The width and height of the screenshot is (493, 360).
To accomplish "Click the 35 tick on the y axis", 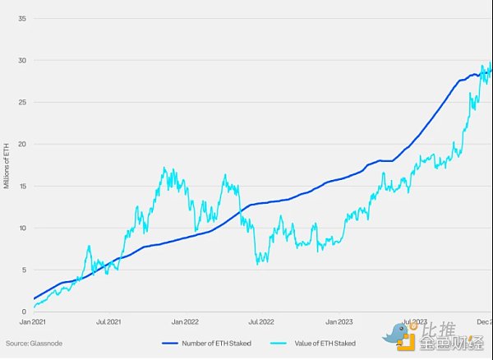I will [x=24, y=18].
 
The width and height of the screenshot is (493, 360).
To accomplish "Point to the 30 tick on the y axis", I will [x=24, y=60].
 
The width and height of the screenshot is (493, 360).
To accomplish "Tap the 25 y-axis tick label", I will [x=24, y=102].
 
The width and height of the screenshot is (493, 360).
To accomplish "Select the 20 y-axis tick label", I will [x=24, y=144].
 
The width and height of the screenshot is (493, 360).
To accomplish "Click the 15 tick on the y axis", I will [x=24, y=186].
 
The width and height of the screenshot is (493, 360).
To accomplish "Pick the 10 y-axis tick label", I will [x=24, y=228].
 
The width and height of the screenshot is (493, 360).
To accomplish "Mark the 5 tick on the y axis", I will [x=25, y=270].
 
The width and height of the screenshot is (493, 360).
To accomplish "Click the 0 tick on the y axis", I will [x=25, y=312].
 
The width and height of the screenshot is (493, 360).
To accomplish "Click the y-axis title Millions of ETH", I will [x=7, y=165].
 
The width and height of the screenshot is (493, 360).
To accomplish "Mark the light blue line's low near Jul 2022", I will [x=258, y=263].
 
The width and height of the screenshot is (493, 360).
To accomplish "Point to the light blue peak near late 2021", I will [x=164, y=168].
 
